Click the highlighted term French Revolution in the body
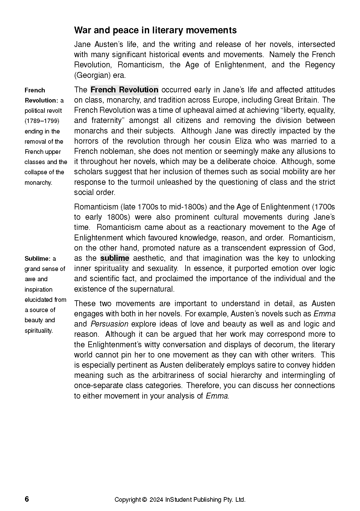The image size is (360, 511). pyautogui.click(x=124, y=90)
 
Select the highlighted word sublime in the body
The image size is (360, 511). pyautogui.click(x=115, y=258)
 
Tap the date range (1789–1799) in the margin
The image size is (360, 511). pyautogui.click(x=42, y=121)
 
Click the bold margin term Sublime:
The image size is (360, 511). pyautogui.click(x=37, y=259)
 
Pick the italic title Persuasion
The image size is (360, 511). pyautogui.click(x=110, y=324)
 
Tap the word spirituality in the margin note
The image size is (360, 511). pyautogui.click(x=39, y=331)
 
